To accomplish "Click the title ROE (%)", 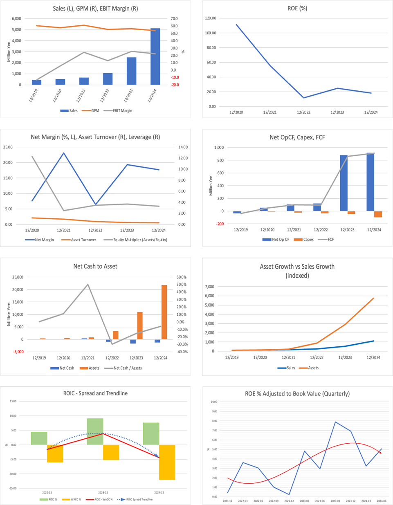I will click(x=297, y=8).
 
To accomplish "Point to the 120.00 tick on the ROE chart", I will click(x=211, y=18).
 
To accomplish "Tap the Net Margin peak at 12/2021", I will click(x=64, y=153).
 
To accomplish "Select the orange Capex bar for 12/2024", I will click(x=378, y=214).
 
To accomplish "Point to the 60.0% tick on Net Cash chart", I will click(x=181, y=277).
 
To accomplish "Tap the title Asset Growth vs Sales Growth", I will click(x=297, y=267).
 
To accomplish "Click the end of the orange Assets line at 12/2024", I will click(x=373, y=298).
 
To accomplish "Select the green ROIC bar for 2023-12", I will click(x=95, y=431).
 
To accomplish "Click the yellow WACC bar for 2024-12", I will click(x=167, y=462).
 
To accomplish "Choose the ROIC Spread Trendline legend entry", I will click(x=136, y=499).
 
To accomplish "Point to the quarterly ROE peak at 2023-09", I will click(x=335, y=422).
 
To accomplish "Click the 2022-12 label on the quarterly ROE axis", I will click(x=289, y=501).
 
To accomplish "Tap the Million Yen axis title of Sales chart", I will click(x=9, y=52).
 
